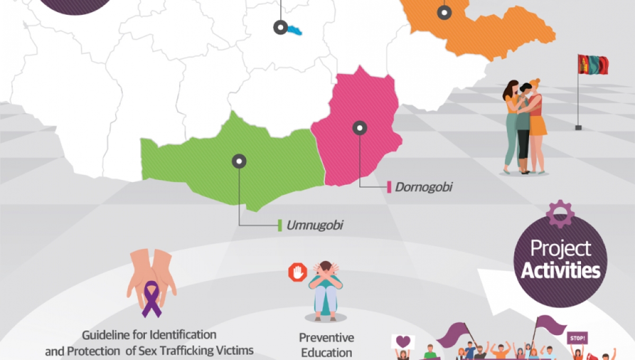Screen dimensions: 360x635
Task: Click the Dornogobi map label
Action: tap(423, 187)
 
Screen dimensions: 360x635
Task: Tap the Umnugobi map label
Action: tap(315, 226)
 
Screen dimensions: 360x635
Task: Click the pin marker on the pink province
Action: tap(360, 128)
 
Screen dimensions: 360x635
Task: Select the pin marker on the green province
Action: tap(239, 161)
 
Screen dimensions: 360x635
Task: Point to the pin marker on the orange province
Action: tap(444, 12)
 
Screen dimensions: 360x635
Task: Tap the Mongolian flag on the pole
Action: tap(593, 65)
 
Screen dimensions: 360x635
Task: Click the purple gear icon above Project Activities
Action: tap(560, 213)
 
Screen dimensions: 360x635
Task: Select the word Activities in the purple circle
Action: tap(560, 272)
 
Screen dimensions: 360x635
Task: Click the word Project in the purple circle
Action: tap(560, 249)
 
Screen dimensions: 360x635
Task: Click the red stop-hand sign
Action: tap(297, 273)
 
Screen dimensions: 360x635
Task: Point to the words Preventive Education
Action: tap(326, 344)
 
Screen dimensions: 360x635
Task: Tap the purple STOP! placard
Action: tap(577, 338)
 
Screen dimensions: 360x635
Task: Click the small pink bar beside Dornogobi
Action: tap(389, 187)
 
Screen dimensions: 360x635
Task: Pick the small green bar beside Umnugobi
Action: tap(280, 226)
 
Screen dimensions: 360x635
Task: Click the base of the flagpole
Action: tap(578, 128)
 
